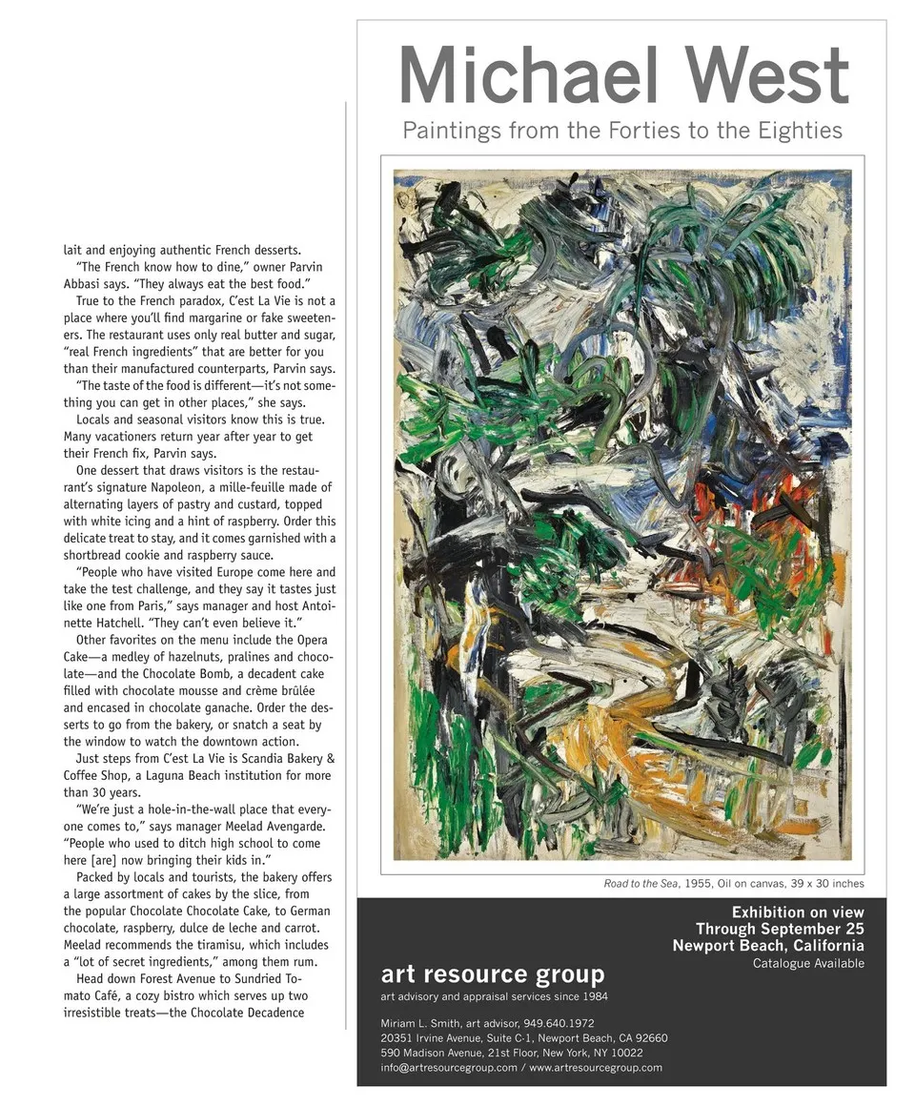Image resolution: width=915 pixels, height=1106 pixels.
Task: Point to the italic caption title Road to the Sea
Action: pos(640,884)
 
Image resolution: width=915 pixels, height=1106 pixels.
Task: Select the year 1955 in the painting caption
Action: pos(698,884)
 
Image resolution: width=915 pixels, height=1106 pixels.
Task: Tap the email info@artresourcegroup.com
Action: pos(448,1067)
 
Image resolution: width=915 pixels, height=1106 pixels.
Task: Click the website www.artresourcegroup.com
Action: pos(596,1067)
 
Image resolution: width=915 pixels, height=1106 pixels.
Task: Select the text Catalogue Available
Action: pos(808,963)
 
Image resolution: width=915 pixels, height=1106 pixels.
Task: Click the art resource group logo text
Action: pos(492,973)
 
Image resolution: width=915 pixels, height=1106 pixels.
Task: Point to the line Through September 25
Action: pos(779,929)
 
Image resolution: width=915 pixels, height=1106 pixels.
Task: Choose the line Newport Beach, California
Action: pos(767,946)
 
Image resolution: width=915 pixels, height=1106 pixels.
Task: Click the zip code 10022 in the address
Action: pos(625,1053)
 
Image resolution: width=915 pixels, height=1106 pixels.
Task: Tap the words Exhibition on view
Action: pos(797,911)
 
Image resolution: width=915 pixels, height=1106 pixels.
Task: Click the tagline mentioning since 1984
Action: pos(494,996)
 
